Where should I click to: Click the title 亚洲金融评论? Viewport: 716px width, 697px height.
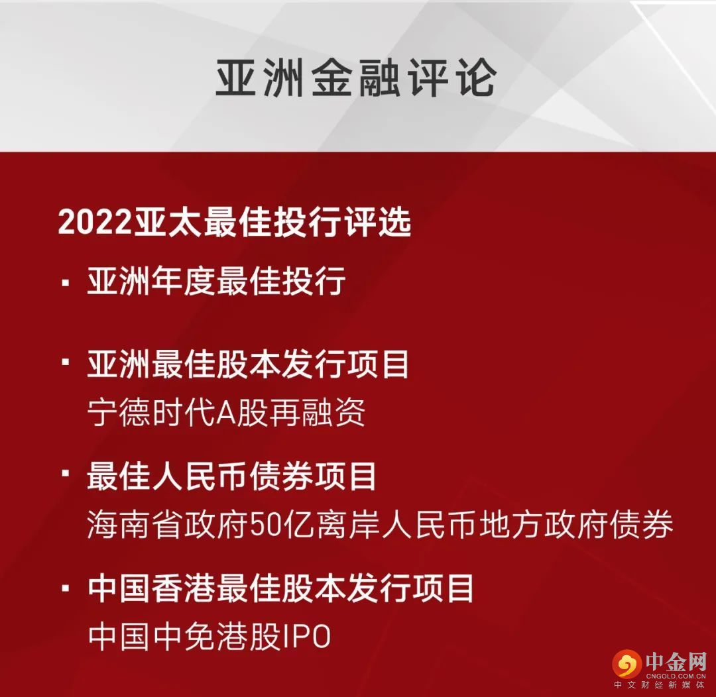(356, 78)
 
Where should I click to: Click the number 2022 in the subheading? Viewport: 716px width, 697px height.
(95, 223)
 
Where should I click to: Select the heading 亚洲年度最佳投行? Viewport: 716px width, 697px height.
(216, 281)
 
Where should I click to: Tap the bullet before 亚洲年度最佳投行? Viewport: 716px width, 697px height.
(65, 283)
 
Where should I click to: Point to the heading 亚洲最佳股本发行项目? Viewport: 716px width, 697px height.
(248, 364)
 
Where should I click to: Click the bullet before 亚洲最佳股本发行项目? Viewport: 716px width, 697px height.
(65, 362)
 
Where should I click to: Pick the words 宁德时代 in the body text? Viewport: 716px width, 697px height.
(151, 412)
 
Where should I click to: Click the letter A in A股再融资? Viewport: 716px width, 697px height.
(225, 413)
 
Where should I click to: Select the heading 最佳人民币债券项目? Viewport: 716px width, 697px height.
(231, 476)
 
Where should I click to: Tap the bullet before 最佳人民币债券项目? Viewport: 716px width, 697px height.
(65, 473)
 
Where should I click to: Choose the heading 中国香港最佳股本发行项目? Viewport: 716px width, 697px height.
(280, 588)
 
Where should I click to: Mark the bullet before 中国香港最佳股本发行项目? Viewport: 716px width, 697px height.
(65, 588)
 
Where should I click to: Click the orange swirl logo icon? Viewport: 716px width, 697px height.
(627, 664)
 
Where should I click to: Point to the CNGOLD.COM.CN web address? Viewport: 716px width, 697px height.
(676, 676)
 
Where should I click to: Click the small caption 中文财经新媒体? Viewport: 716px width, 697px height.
(660, 685)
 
